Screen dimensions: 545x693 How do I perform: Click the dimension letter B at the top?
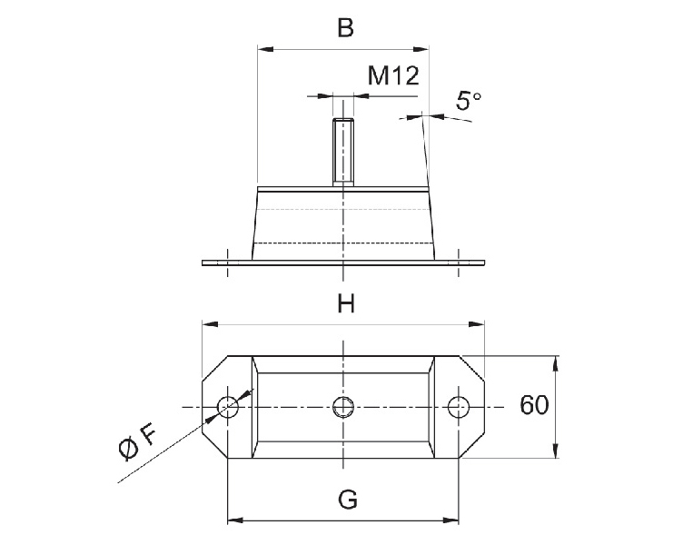(x=345, y=28)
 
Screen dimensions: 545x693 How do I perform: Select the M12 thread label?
(x=392, y=75)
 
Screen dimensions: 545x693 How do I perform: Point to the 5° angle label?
(x=467, y=100)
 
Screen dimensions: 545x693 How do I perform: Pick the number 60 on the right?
(x=534, y=405)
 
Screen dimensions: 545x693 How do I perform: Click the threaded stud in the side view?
(x=343, y=152)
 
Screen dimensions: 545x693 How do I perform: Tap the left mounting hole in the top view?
(x=230, y=407)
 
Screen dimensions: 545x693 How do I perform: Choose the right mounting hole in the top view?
(x=460, y=406)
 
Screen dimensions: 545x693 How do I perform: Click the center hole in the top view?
(x=343, y=406)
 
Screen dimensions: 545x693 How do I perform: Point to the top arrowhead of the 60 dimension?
(x=555, y=361)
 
